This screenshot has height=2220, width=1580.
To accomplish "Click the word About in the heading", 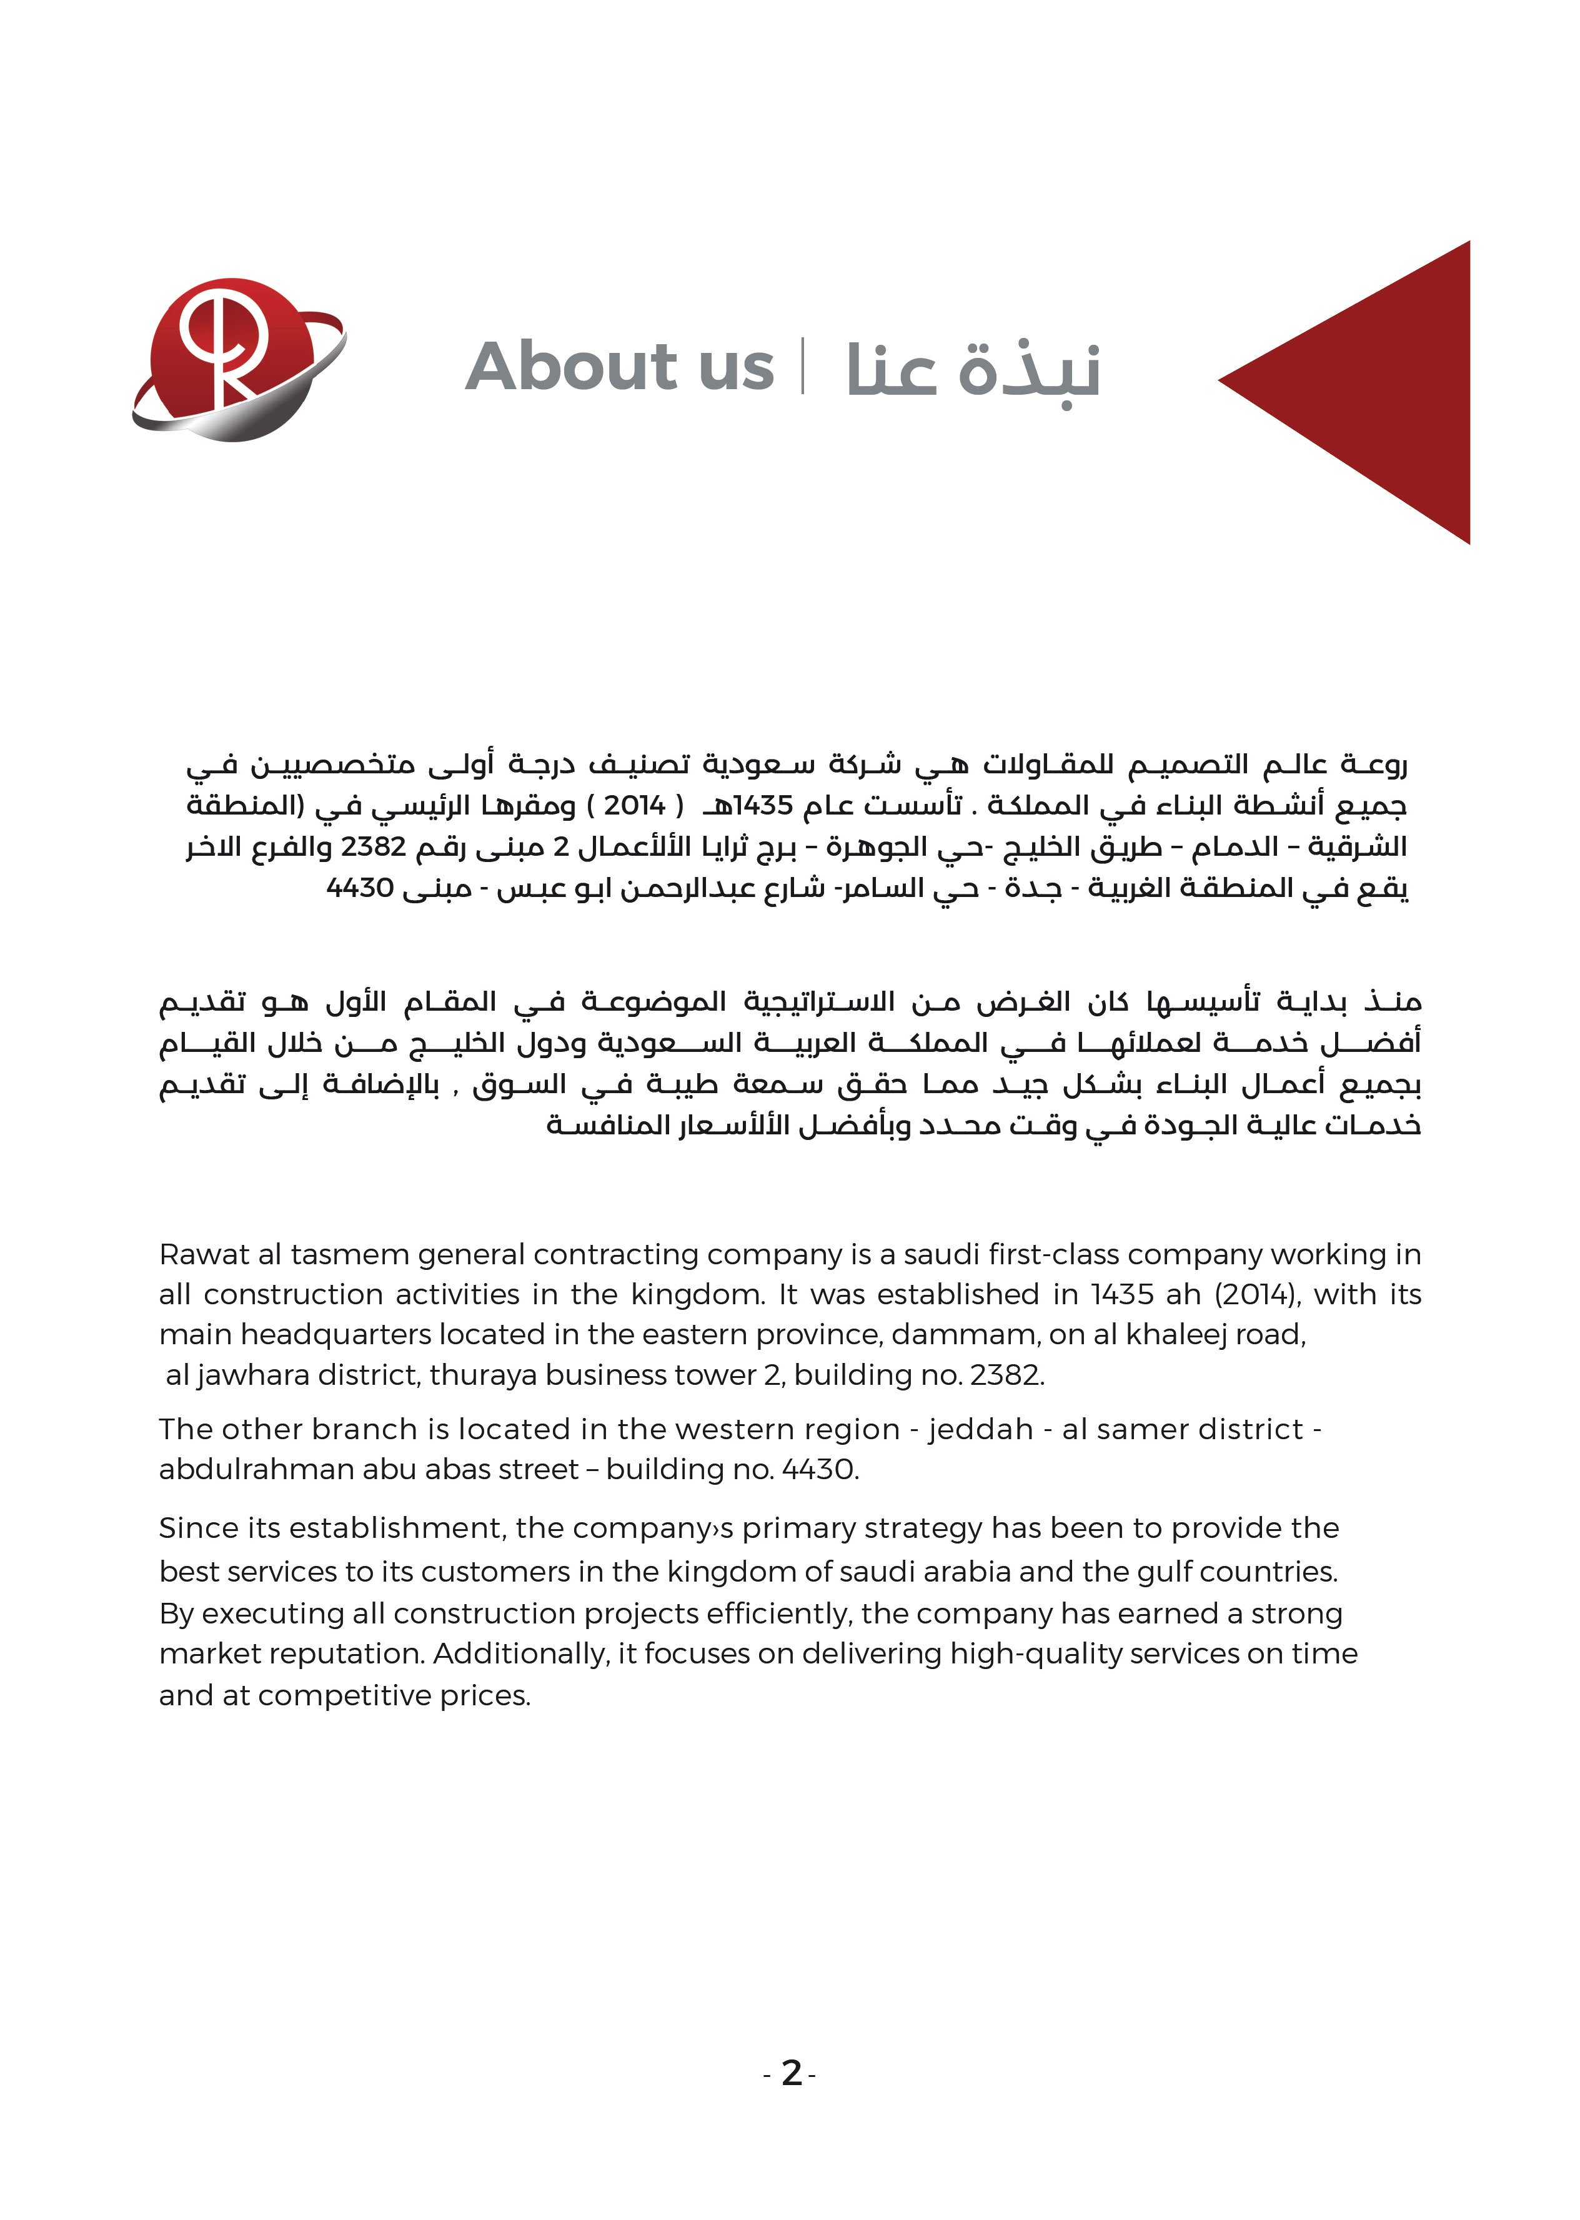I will [x=569, y=368].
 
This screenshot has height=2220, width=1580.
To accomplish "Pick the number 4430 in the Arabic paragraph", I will [x=360, y=888].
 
